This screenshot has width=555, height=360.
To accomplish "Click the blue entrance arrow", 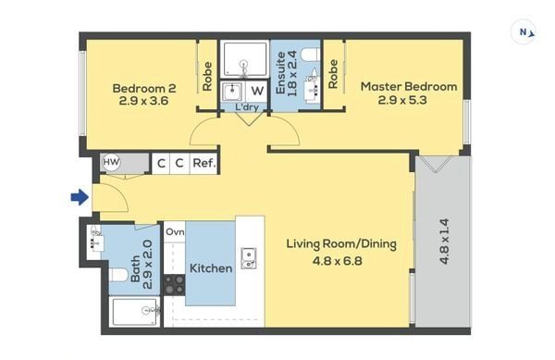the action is (80, 197).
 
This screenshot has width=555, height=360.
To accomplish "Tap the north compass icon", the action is (524, 32).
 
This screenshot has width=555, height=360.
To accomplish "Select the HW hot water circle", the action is (111, 163).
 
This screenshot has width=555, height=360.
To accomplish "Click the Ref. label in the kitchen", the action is (204, 163).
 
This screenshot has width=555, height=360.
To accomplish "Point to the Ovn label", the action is (175, 232).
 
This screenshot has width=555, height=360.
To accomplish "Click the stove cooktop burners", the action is (174, 285).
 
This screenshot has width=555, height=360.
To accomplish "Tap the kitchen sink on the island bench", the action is (249, 258).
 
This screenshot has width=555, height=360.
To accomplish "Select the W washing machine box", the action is (257, 92).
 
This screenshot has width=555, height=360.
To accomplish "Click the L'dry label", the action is (247, 107).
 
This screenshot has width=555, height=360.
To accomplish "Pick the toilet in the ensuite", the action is (311, 56).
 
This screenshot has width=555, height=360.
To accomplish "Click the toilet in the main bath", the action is (117, 275).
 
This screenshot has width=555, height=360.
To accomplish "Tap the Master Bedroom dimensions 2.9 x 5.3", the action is (402, 100).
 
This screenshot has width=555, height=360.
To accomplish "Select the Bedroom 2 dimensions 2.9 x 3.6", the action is (143, 101).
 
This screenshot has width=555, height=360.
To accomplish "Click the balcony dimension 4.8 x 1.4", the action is (444, 241).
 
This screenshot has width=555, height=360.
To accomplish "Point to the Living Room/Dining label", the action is (341, 244).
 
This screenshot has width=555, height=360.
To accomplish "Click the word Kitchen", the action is (211, 268).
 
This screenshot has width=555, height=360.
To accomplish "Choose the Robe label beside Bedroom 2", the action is (207, 77).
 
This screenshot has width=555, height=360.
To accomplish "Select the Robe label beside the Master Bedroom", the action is (333, 74).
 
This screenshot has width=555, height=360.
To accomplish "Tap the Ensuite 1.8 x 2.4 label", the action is (287, 74).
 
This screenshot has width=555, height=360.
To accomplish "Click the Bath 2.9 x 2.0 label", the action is (142, 265).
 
